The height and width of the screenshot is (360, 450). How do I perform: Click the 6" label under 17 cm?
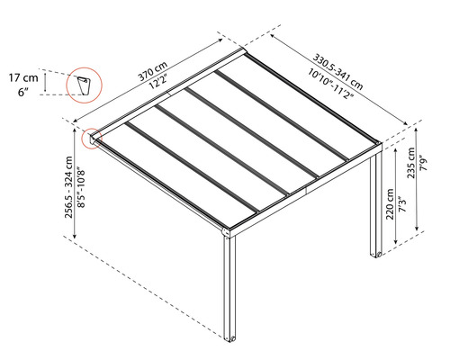pos(25,92)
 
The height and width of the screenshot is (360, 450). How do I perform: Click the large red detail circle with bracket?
pos(85,85)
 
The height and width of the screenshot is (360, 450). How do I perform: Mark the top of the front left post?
pos(231,236)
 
